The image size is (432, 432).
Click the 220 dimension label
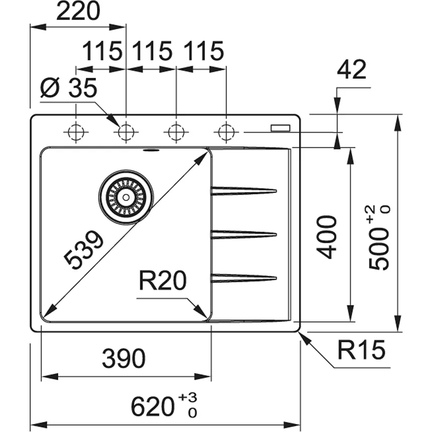(78, 12)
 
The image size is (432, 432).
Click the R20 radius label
(162, 282)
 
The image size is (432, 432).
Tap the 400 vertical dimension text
(329, 237)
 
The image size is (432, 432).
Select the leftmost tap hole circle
(76, 133)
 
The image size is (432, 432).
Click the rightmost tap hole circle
(226, 133)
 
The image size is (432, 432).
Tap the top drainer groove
(244, 191)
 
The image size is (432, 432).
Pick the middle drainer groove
(244, 234)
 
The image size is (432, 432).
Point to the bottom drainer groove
(244, 277)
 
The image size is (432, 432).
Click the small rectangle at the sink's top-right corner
(280, 128)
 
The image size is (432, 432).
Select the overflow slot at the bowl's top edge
(150, 150)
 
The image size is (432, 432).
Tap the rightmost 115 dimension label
(203, 51)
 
